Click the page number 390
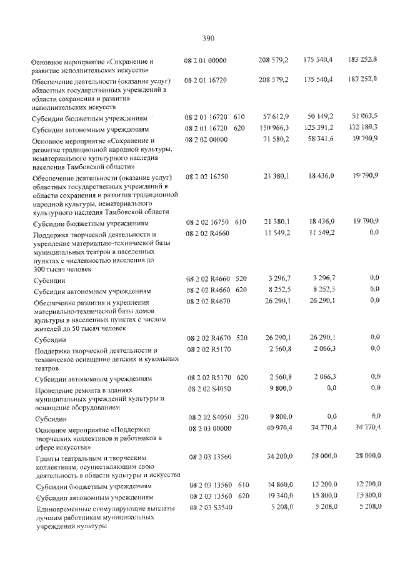click(209, 38)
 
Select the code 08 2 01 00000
click(206, 61)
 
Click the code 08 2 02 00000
click(206, 140)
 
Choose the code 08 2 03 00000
click(211, 428)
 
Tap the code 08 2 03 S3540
click(210, 508)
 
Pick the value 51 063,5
click(364, 117)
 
